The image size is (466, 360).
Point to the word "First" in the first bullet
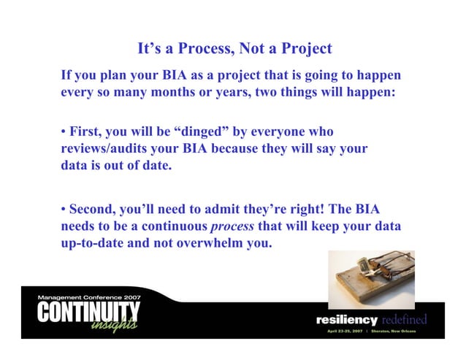(x=85, y=132)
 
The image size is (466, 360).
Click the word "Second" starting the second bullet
(x=95, y=210)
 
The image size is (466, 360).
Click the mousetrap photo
(x=371, y=280)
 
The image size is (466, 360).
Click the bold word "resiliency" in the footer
(x=346, y=320)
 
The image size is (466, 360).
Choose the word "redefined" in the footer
(x=404, y=320)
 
